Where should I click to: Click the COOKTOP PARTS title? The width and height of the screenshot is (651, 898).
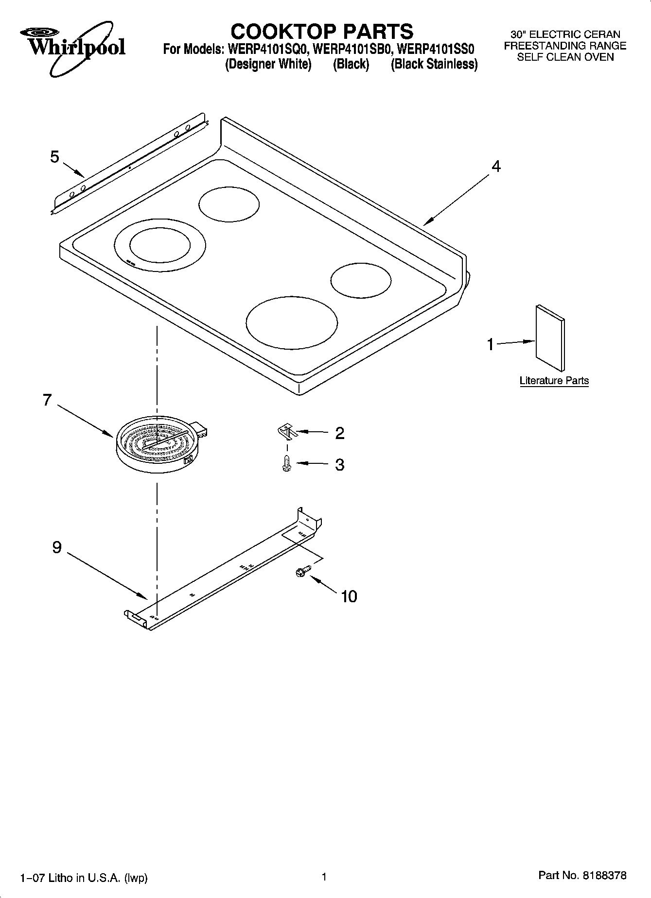coord(321,32)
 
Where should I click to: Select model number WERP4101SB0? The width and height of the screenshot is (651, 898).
coord(352,49)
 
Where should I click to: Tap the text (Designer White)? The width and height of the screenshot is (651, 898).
coord(268,64)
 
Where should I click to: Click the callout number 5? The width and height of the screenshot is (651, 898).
coord(54,157)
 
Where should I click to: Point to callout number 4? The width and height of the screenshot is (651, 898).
coord(495,167)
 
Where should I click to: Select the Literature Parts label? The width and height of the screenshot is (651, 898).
coord(554,381)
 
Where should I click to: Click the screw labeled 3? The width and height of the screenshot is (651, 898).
coord(287,463)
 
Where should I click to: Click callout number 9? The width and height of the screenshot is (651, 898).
coord(57,547)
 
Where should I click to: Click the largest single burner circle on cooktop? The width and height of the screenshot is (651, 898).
coord(291,323)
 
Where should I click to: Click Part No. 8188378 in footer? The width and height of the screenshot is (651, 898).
coord(582,876)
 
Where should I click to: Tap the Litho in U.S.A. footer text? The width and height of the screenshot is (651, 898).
coord(84,878)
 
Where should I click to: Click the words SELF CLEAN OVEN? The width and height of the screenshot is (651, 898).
coord(565,57)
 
